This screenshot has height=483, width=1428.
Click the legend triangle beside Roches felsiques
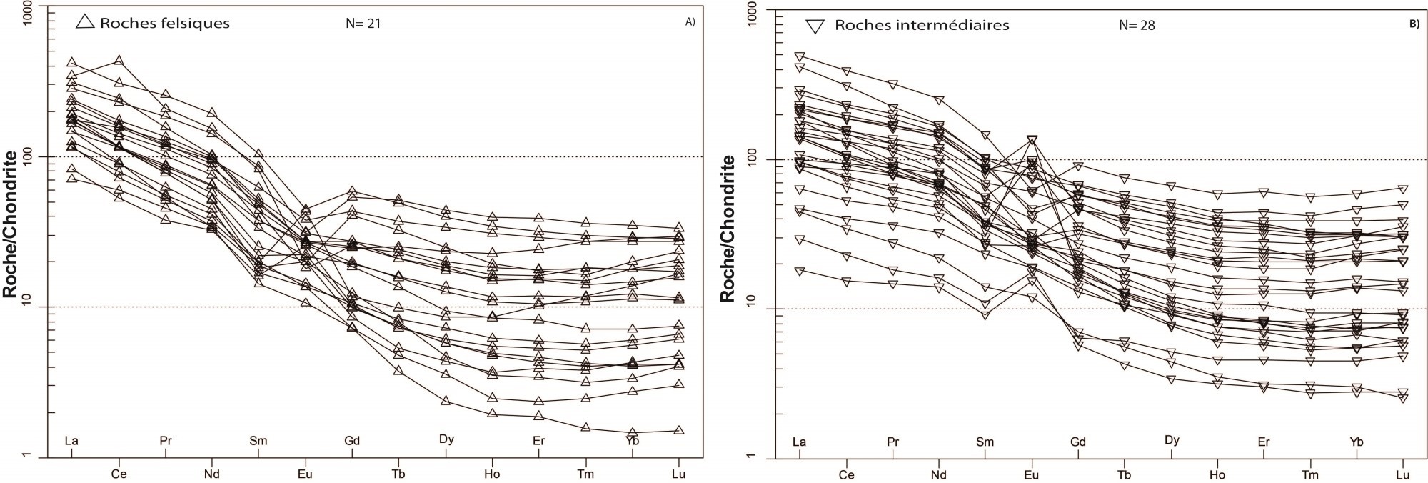pos(86,22)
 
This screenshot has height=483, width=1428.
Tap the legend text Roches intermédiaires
pos(921,26)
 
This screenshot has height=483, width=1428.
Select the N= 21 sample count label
pos(363,24)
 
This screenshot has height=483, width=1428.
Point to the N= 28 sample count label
pos(1137,26)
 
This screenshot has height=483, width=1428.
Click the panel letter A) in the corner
pos(690,22)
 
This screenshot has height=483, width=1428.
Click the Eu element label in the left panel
pos(305,474)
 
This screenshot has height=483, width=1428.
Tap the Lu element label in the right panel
pos(1402,475)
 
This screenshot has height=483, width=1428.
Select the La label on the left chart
pos(71,441)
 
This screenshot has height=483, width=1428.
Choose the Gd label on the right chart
pos(1077,442)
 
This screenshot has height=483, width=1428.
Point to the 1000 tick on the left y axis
pos(32,6)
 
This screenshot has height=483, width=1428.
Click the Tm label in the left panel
pos(585,474)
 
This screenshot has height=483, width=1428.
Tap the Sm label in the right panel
pos(985,442)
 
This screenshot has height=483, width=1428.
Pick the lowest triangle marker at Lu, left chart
pos(679,430)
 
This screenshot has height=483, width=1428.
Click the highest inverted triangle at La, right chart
pos(800,56)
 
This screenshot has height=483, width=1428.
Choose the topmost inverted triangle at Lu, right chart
pos(1402,189)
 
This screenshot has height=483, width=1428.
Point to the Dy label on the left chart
pos(446,439)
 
